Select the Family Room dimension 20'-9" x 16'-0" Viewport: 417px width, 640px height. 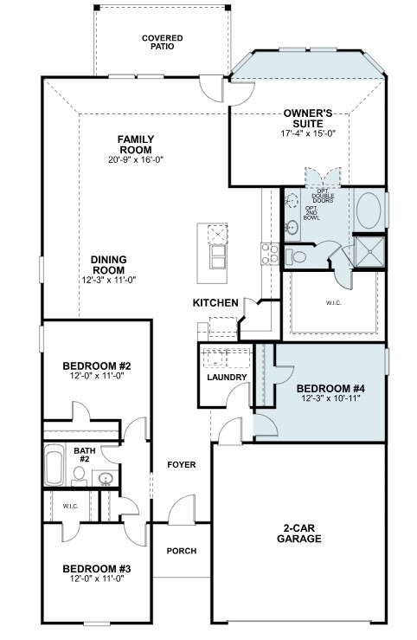(136, 160)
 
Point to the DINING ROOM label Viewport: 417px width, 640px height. (110, 265)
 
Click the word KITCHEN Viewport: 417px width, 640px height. (215, 302)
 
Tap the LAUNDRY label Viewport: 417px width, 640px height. (228, 378)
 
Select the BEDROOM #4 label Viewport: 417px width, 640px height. (324, 389)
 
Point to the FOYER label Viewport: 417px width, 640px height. (182, 465)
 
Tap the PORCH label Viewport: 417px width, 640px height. (182, 551)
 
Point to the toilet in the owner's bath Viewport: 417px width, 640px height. (296, 256)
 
